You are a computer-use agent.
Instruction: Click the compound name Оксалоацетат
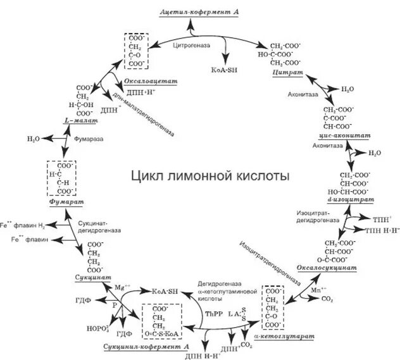150,82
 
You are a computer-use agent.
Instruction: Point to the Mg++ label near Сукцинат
121,288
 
